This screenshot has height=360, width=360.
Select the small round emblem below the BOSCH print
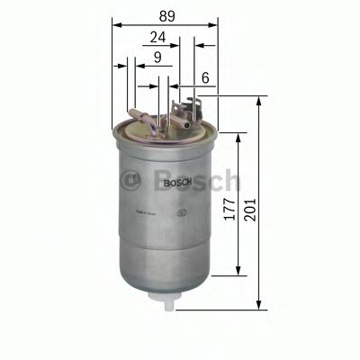(183, 212)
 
